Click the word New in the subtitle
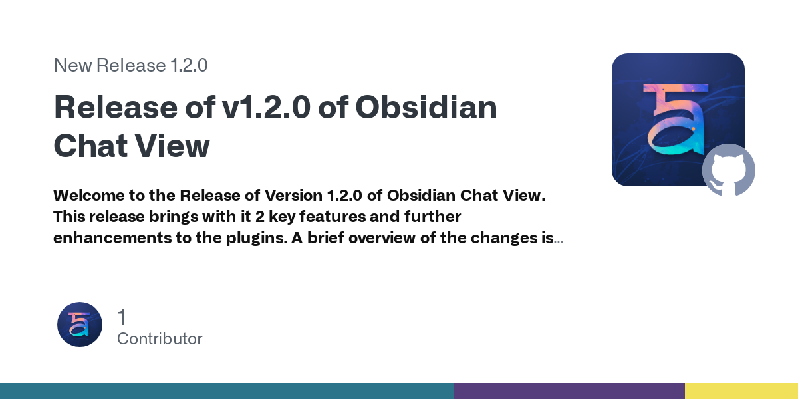coord(73,65)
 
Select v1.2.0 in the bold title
coord(266,108)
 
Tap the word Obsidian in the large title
coord(426,108)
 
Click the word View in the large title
coord(176,146)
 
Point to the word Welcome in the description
coord(86,196)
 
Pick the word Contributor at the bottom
coord(160,338)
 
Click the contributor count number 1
coord(122,317)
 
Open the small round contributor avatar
coord(80,325)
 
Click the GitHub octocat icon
coord(729,170)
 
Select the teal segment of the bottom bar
coord(226,391)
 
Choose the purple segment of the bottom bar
coord(569,391)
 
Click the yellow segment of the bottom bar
coord(741,391)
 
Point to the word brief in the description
coord(326,238)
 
